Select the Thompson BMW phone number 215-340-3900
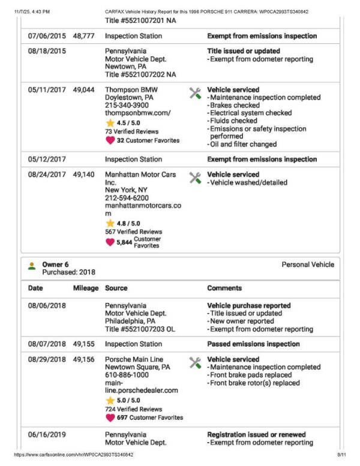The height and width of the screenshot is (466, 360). [127, 105]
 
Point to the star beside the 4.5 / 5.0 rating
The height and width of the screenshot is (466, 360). [110, 123]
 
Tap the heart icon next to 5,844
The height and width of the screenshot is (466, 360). [110, 242]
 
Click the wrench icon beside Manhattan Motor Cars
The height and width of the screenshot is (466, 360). [195, 178]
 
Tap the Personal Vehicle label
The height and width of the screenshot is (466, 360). [308, 264]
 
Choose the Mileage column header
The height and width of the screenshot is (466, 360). [86, 288]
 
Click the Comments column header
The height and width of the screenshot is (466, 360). [224, 288]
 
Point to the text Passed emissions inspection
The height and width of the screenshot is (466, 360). [253, 344]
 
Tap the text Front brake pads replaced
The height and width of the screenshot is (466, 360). [250, 375]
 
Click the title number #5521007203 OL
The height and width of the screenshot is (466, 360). [140, 329]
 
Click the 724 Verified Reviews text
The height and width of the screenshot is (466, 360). [133, 408]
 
